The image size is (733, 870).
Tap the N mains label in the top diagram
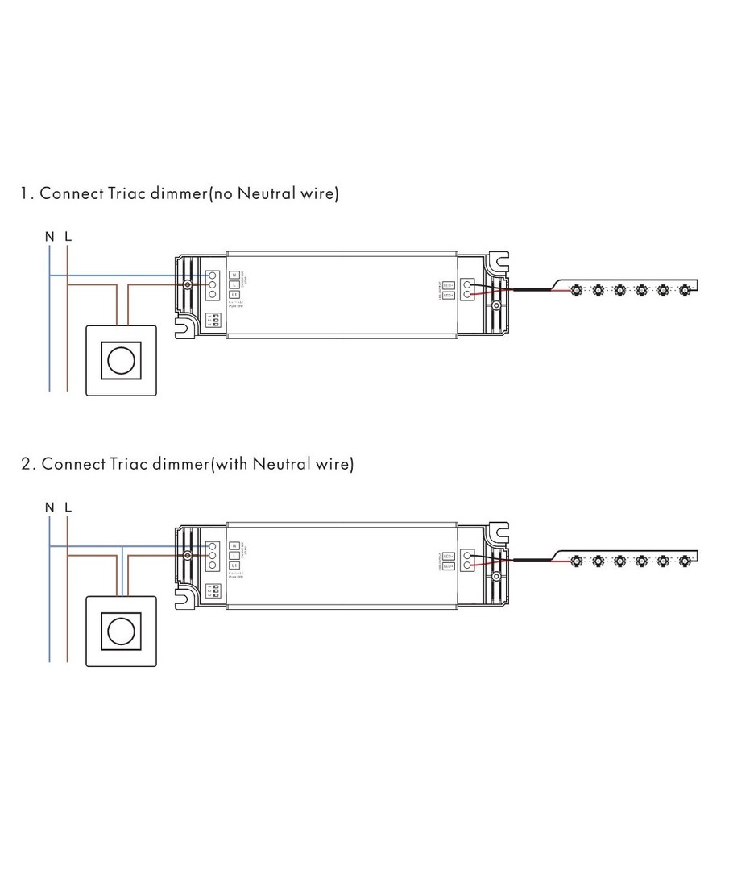50,237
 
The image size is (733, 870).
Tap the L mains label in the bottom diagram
68,507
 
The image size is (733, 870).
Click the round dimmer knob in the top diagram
122,360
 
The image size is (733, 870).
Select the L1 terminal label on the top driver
234,295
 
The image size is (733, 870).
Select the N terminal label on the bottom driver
234,545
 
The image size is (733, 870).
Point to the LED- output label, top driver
449,284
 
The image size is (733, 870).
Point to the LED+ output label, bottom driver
449,565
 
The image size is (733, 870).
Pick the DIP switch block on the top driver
214,320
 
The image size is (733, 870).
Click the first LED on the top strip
577,289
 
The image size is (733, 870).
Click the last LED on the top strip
685,289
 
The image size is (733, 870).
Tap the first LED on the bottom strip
577,560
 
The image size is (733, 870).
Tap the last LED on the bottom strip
685,560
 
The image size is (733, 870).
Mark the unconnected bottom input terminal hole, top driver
213,295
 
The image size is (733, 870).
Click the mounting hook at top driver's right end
500,261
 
